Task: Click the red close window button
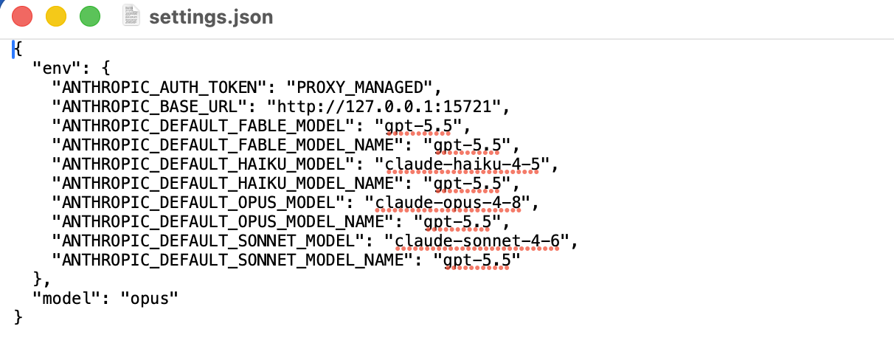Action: pos(22,17)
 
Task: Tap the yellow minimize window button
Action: pos(56,17)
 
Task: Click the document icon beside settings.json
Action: pos(131,15)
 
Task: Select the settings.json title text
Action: pos(211,17)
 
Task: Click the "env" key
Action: pos(57,69)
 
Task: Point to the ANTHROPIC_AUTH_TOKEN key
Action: pos(159,87)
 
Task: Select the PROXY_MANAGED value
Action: pos(359,87)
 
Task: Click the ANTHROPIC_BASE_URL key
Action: pos(149,106)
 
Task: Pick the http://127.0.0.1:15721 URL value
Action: pos(384,106)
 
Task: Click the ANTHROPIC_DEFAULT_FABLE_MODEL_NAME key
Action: pos(227,145)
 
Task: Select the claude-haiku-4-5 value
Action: pos(462,164)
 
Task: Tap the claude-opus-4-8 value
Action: pos(448,202)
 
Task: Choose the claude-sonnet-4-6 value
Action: pos(477,240)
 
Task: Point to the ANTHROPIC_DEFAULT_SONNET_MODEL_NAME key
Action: pos(232,260)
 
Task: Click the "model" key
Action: pos(67,298)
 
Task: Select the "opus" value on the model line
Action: pos(149,298)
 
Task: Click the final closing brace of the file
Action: pos(18,317)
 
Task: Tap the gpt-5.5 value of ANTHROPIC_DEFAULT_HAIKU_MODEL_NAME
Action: pos(467,183)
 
